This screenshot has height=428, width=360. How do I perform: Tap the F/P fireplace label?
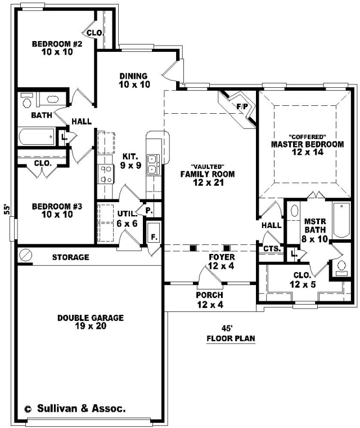242,106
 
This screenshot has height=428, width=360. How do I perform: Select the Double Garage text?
91,318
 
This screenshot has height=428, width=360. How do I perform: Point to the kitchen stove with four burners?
106,174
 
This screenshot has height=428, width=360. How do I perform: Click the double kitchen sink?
152,165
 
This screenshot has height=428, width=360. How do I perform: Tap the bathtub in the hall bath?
37,136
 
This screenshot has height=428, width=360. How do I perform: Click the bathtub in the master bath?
341,220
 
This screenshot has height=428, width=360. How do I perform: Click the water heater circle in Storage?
26,255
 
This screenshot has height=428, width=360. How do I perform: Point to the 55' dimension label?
7,209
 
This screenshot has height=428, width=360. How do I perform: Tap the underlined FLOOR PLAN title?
231,339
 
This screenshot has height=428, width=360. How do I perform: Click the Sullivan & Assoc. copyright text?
75,408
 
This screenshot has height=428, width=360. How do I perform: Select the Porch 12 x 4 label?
210,300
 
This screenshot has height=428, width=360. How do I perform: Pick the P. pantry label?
148,211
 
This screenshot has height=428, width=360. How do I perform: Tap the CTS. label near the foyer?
272,249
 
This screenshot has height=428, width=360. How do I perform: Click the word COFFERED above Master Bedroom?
307,136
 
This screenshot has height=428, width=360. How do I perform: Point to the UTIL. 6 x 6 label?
127,219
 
